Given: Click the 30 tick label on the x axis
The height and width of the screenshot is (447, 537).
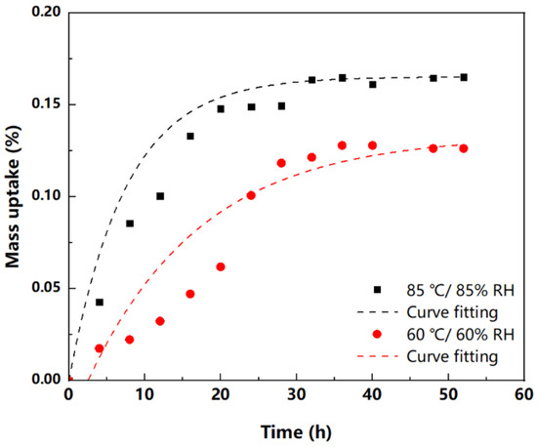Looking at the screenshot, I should tap(296, 395).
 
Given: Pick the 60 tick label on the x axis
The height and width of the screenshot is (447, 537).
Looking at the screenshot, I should tap(523, 395).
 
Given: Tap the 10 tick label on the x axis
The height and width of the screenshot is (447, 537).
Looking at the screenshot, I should tap(145, 395).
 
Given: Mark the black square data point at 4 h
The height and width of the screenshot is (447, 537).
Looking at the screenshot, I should tap(100, 303).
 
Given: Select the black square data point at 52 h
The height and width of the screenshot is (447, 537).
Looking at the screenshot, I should tap(463, 77).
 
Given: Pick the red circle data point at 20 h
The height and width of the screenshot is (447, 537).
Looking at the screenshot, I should tap(221, 266).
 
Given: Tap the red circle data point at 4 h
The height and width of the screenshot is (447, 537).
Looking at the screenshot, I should tap(100, 348).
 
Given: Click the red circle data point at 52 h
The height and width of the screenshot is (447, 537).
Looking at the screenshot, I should tap(463, 148).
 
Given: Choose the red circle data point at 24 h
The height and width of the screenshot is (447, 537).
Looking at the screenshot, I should tap(251, 195).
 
